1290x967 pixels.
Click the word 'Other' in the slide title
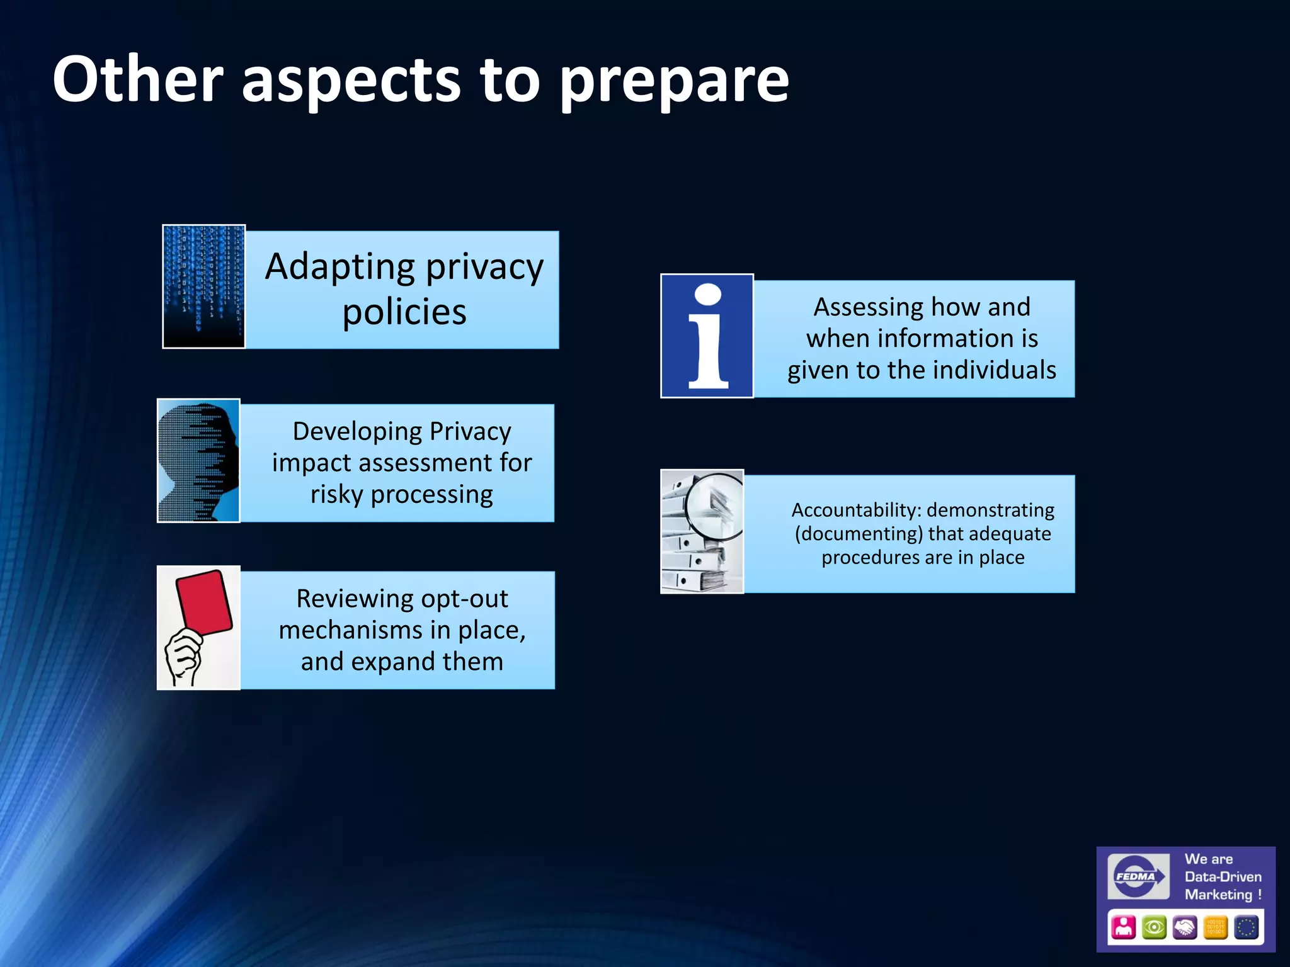[137, 80]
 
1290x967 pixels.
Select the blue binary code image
[203, 286]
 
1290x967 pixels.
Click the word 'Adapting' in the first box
[340, 268]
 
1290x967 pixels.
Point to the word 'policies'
[404, 312]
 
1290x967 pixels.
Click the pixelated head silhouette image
[198, 460]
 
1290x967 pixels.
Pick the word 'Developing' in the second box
[357, 432]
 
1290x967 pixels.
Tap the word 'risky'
[337, 495]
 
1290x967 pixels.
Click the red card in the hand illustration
[204, 601]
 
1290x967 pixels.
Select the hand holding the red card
[183, 657]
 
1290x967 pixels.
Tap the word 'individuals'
[994, 370]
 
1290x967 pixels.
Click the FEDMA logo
[1138, 876]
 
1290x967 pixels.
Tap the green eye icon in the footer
[1154, 927]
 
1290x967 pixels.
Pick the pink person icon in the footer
[1123, 927]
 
